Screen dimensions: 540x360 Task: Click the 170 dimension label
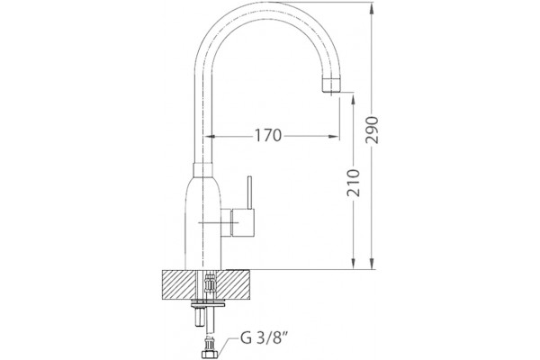[268, 135]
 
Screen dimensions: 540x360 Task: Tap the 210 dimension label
[354, 183]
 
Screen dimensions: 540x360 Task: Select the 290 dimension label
[372, 130]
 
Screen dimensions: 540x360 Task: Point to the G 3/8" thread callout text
[264, 338]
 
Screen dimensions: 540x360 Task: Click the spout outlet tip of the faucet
[331, 85]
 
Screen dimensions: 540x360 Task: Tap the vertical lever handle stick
[249, 193]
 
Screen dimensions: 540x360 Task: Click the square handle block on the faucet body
[243, 222]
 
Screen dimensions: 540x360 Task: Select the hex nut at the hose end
[210, 355]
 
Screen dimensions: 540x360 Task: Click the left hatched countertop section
[178, 285]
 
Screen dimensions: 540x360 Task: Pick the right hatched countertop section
[233, 285]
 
